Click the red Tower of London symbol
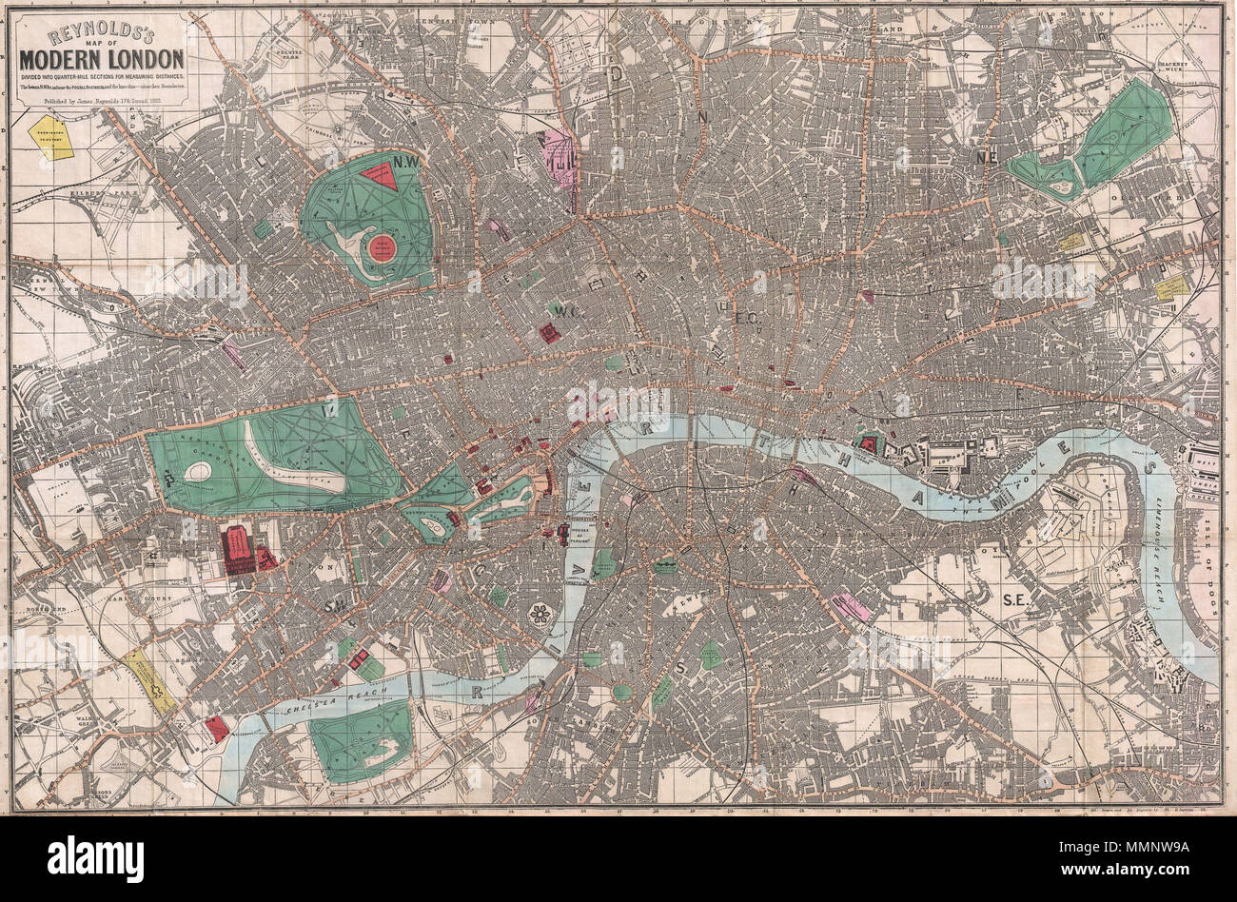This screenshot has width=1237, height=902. coord(868,442)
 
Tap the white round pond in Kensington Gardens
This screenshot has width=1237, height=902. coord(199,471)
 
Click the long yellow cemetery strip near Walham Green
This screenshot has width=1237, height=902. coord(148,680)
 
